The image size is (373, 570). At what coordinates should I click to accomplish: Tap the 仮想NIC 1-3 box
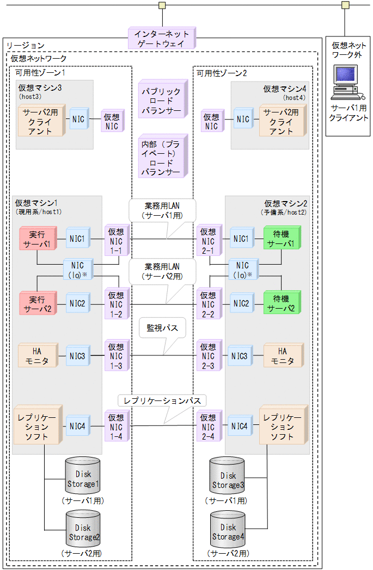[116, 356]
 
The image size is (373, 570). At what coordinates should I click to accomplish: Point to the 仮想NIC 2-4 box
[209, 427]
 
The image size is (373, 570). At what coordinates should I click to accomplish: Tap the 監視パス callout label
[162, 329]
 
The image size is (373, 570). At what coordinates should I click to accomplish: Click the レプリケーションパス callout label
[162, 401]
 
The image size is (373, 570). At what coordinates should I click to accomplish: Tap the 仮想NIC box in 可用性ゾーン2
[210, 121]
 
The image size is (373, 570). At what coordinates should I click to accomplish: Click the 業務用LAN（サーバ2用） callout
[162, 272]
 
